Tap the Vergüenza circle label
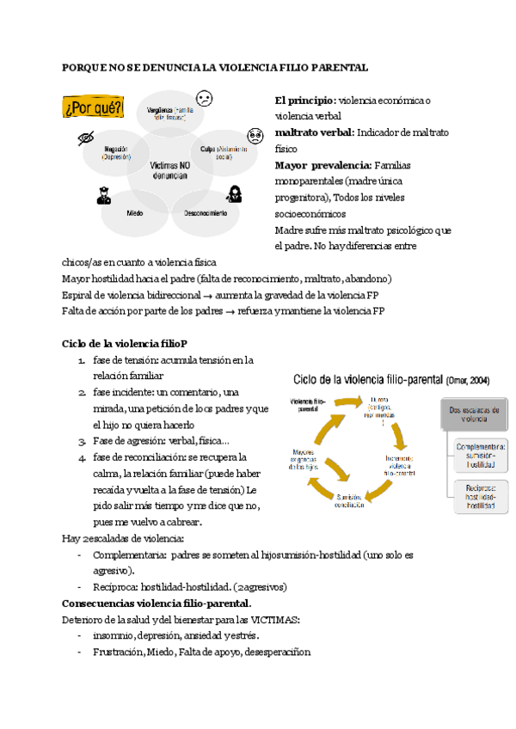pos(168,113)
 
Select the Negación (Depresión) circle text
pos(116,152)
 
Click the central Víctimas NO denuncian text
pos(169,169)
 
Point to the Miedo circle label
pos(135,212)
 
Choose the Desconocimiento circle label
pos(206,212)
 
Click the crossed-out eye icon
pos(85,138)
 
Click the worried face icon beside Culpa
pos(255,136)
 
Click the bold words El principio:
pos(305,101)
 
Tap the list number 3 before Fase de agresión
pos(82,441)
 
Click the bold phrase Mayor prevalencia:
pos(322,164)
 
